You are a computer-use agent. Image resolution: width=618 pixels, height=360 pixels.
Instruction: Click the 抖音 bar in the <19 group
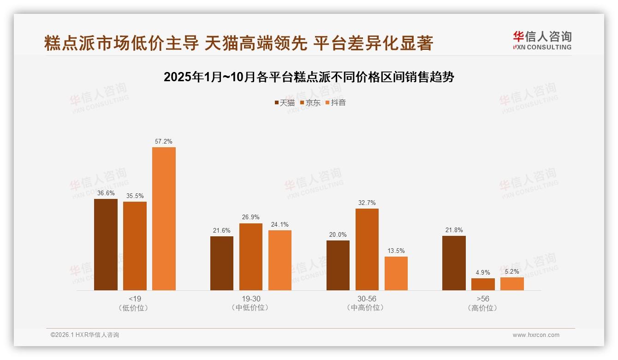click(x=164, y=219)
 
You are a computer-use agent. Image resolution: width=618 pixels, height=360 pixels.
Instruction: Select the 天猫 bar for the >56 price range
click(x=454, y=263)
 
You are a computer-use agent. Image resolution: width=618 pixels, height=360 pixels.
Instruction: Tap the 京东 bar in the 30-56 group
click(x=367, y=249)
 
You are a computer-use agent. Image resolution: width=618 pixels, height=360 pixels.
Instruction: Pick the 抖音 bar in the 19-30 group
click(x=280, y=260)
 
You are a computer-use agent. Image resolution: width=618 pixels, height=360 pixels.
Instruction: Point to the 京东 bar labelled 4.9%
click(x=483, y=284)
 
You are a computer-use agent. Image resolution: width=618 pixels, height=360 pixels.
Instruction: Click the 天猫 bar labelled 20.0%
click(x=338, y=265)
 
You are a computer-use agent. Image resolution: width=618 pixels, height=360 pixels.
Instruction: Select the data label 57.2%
click(x=164, y=142)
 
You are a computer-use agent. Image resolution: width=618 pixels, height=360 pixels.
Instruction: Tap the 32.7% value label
click(x=367, y=203)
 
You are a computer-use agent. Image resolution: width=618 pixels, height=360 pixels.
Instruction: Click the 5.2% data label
click(x=512, y=271)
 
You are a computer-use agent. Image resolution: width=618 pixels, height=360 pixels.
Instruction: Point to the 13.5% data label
click(x=396, y=251)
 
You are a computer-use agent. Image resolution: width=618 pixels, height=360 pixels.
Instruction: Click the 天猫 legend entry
click(x=285, y=102)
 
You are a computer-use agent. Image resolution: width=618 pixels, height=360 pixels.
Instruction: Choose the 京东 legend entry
click(x=310, y=102)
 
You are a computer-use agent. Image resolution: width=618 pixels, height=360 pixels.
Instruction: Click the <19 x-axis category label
click(x=135, y=299)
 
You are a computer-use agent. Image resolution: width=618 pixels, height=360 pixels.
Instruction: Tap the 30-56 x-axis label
click(x=367, y=299)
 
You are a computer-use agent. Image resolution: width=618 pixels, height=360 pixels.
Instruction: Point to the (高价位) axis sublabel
click(x=483, y=308)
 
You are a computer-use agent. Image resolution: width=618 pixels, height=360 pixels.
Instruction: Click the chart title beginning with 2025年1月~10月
click(x=309, y=77)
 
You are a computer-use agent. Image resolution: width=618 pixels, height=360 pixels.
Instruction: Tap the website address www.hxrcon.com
click(x=536, y=335)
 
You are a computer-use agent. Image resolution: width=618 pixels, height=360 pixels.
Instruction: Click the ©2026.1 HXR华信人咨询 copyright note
click(x=85, y=335)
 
